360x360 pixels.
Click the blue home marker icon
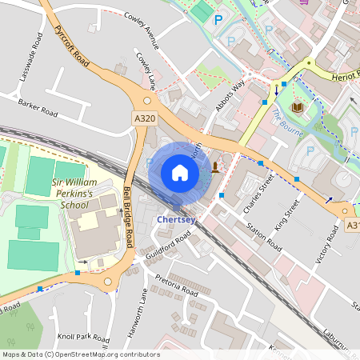[180, 173]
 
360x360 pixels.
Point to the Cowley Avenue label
[146, 31]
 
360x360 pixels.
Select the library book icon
[298, 107]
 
